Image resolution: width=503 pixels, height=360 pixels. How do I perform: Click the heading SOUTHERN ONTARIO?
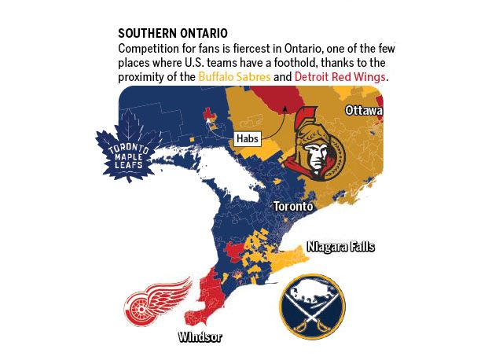(172, 34)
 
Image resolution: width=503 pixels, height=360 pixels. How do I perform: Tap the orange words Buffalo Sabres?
(234, 77)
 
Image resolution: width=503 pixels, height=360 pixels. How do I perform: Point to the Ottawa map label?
(363, 112)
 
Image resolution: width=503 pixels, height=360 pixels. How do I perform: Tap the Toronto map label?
(293, 206)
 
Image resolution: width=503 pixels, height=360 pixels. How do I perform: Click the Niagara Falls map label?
(340, 247)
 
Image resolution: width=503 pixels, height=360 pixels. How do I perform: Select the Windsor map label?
(200, 337)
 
